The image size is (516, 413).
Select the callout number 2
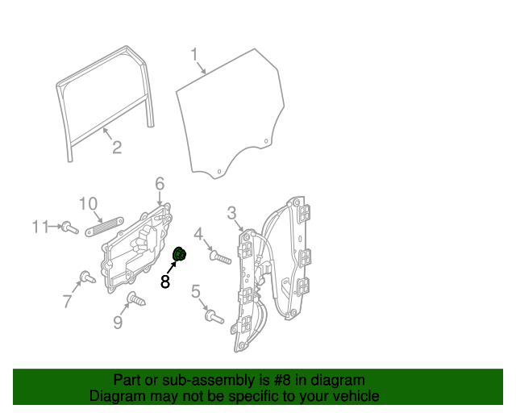[x=117, y=147]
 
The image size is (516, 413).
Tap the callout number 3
[x=231, y=213]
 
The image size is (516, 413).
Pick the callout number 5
[x=196, y=291]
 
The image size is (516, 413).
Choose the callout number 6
[x=160, y=183]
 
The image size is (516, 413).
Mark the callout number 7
[x=67, y=302]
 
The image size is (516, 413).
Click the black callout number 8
[x=165, y=282]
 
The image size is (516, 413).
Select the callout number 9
[x=118, y=323]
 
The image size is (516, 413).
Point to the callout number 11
[x=41, y=227]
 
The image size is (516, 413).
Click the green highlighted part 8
[x=181, y=256]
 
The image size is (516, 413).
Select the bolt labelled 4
[x=220, y=258]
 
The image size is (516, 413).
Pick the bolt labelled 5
[x=214, y=317]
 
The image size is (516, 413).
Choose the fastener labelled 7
[x=87, y=278]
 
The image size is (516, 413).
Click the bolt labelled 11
[x=69, y=228]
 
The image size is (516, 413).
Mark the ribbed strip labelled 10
[x=102, y=223]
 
